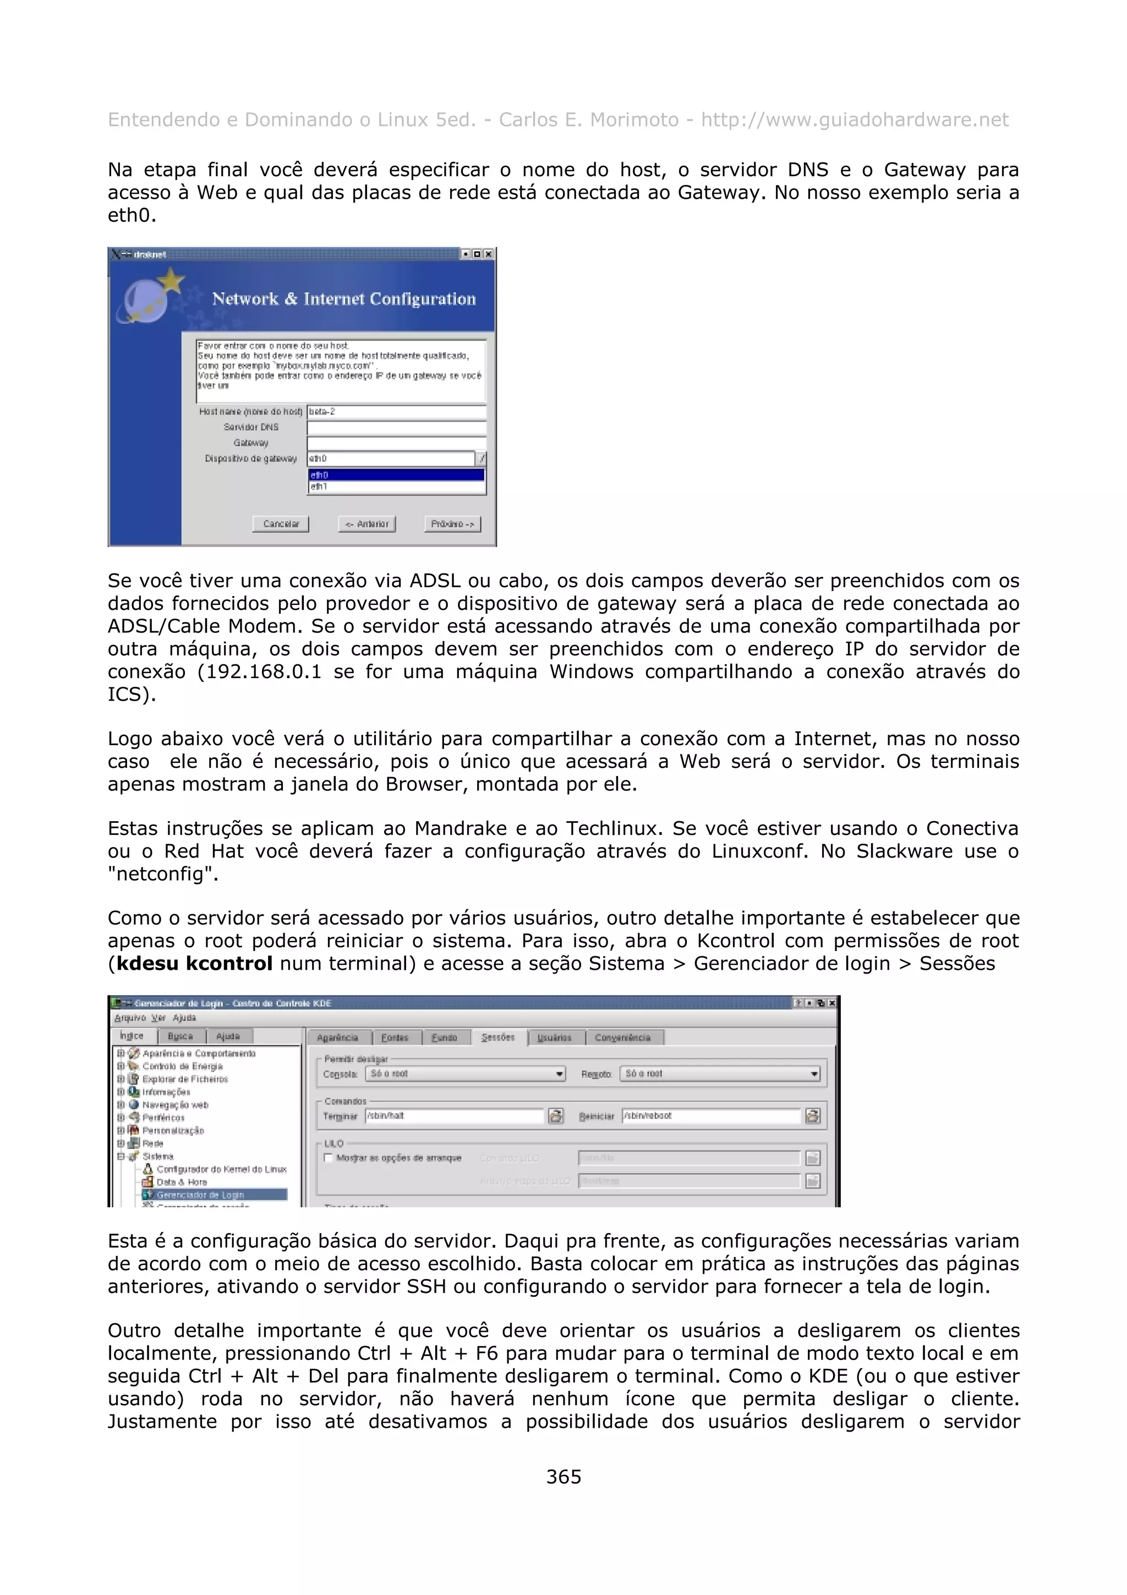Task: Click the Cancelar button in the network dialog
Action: [281, 524]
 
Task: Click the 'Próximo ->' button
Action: [452, 524]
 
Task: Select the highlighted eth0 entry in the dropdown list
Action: [396, 475]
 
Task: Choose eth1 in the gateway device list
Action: [396, 487]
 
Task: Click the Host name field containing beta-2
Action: [397, 412]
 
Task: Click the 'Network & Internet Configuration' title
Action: [344, 299]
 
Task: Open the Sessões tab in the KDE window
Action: [498, 1037]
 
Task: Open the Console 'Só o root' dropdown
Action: [465, 1074]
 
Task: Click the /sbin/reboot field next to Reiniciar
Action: [710, 1116]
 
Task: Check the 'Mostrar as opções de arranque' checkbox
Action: [329, 1158]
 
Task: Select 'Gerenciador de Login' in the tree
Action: [200, 1195]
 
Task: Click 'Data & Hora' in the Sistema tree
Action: [182, 1182]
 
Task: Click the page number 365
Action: [563, 1477]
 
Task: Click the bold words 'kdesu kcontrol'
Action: [194, 964]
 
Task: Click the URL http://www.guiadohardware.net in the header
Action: [854, 120]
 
